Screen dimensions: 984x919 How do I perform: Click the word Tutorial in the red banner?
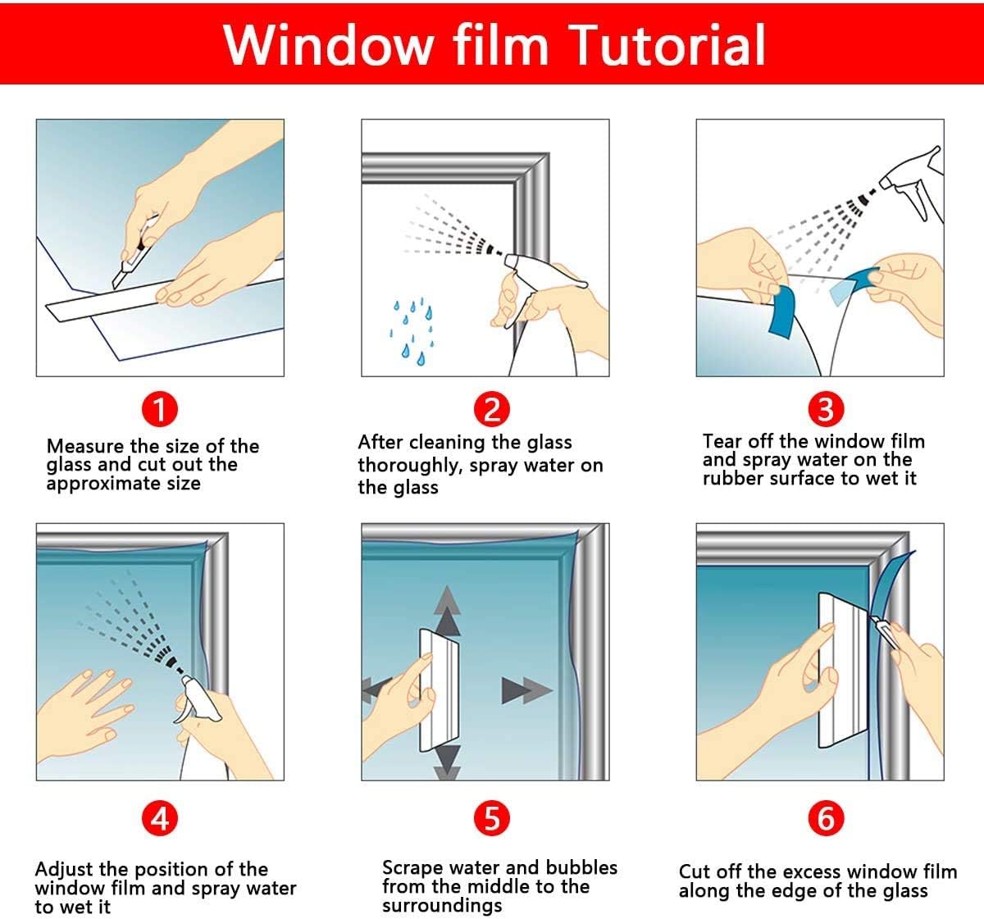tap(667, 46)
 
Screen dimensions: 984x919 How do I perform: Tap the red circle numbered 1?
tap(160, 409)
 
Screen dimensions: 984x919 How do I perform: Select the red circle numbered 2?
tap(491, 409)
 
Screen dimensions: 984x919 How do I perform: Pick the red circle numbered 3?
tap(826, 409)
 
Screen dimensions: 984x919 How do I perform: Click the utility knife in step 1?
tap(133, 253)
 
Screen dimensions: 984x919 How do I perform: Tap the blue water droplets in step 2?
tap(412, 330)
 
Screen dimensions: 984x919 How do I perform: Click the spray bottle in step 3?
tap(911, 184)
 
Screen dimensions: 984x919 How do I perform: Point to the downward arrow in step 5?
tap(447, 762)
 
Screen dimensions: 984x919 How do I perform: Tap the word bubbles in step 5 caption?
tap(581, 867)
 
